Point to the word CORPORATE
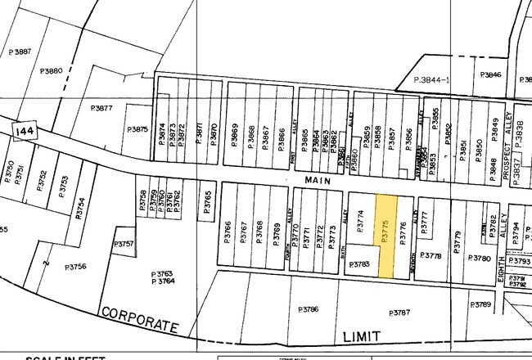139,320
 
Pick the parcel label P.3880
50,72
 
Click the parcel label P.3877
101,107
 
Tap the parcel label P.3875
138,128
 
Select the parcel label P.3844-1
433,79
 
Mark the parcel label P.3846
490,75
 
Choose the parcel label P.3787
400,313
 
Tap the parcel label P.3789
481,304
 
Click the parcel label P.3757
124,244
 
